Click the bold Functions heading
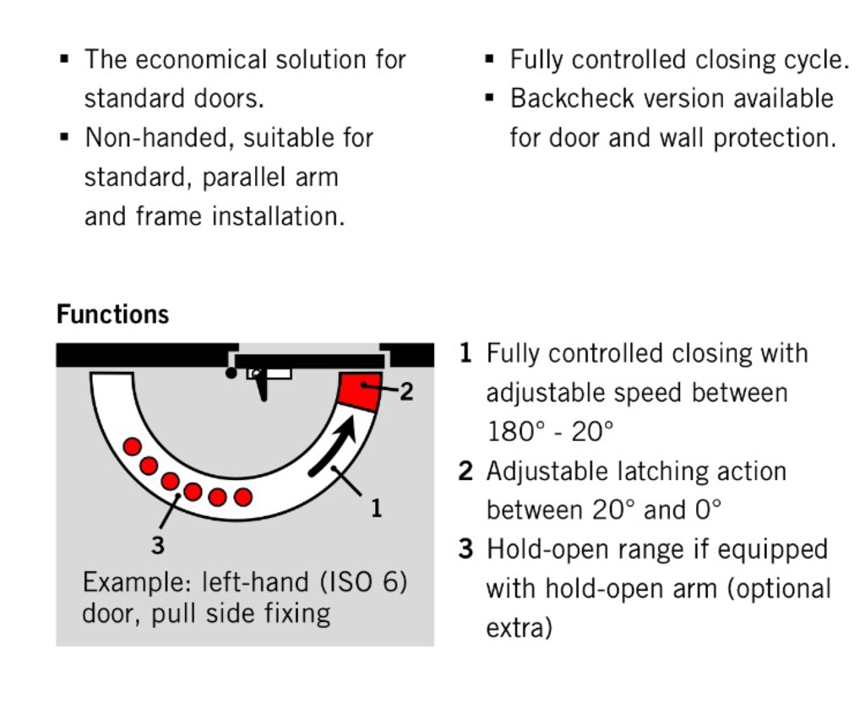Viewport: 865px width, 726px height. click(x=112, y=314)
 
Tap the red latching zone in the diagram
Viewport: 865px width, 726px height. click(x=360, y=390)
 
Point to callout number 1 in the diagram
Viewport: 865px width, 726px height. click(x=376, y=508)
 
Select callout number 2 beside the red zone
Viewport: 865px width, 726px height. click(x=406, y=391)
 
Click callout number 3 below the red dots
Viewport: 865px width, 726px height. click(x=158, y=545)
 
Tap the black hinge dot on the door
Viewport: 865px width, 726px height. click(x=231, y=374)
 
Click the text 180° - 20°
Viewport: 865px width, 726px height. click(x=550, y=431)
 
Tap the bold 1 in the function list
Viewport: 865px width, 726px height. click(x=465, y=353)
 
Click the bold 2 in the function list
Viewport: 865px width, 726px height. click(x=465, y=471)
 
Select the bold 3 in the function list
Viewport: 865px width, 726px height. click(x=465, y=549)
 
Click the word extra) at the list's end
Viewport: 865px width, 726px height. click(x=520, y=628)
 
